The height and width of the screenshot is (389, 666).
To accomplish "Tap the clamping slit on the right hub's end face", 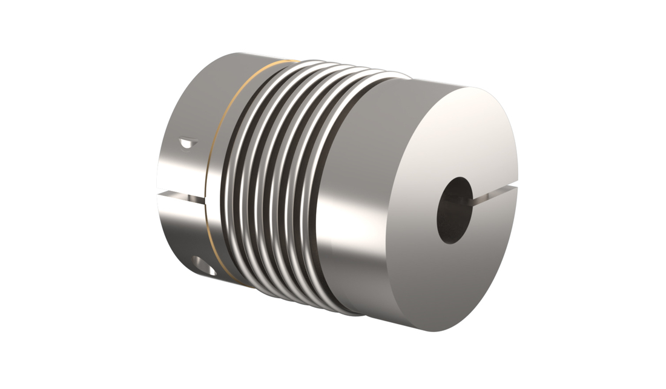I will tap(496, 194).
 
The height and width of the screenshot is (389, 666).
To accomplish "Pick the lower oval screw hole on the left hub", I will tap(203, 264).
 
